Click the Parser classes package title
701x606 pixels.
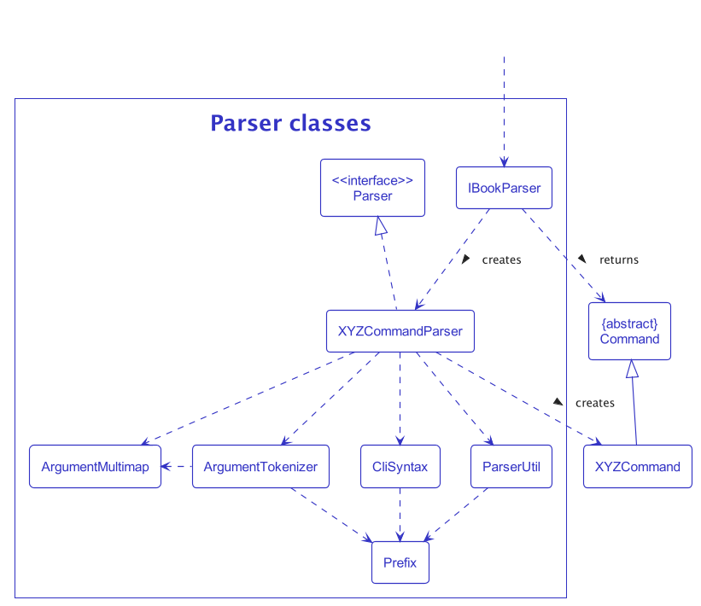[x=290, y=124]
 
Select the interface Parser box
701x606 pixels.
[x=372, y=188]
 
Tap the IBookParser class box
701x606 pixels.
[x=504, y=188]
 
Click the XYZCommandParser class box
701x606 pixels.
[x=400, y=331]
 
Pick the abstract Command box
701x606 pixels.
[x=629, y=331]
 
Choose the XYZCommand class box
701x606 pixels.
[x=637, y=467]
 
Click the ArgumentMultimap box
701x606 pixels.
[x=95, y=467]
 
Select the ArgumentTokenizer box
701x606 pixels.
[x=260, y=467]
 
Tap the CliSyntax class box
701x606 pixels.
[x=400, y=467]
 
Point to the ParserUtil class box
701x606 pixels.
[x=511, y=467]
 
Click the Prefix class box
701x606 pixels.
[x=400, y=563]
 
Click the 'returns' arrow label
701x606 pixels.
[x=618, y=259]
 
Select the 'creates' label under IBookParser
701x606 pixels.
[x=501, y=259]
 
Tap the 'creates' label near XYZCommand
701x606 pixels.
[x=594, y=403]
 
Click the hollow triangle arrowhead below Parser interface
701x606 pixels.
[x=383, y=225]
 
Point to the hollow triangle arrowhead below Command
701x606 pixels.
[x=631, y=369]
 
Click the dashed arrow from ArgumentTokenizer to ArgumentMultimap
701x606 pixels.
[x=177, y=466]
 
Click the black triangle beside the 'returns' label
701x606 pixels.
[x=582, y=258]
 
